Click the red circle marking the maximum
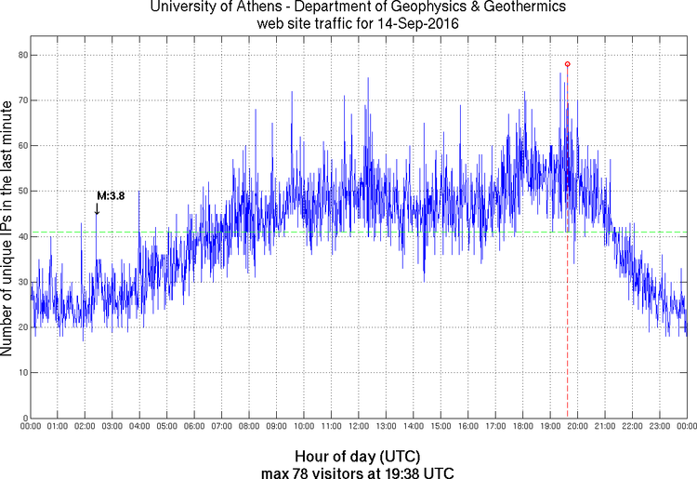[x=567, y=64]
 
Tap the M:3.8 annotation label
[x=111, y=196]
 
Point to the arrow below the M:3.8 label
[x=97, y=210]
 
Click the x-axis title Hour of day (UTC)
[x=357, y=457]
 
